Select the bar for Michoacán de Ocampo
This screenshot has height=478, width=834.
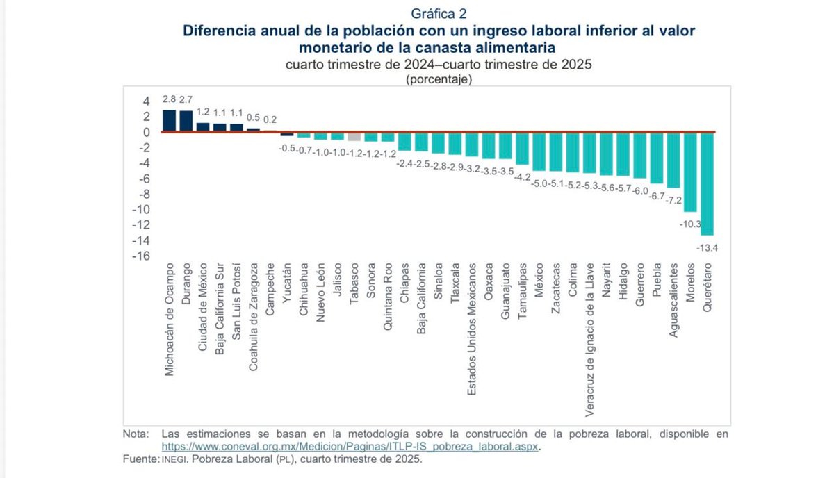(169, 121)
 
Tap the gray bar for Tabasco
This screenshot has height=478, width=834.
(354, 137)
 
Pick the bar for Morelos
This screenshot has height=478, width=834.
(690, 172)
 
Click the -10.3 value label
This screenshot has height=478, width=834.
(690, 223)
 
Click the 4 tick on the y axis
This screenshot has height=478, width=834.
(147, 101)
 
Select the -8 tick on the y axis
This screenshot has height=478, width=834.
(144, 194)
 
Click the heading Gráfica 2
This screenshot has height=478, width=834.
(438, 14)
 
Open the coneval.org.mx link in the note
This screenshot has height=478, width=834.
(351, 447)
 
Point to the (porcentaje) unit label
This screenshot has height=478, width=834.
(439, 79)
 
